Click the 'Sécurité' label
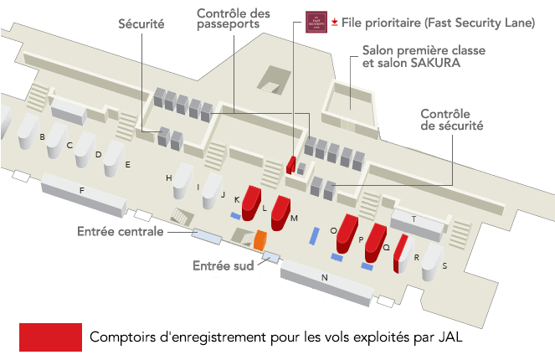[141, 25]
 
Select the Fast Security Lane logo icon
[315, 20]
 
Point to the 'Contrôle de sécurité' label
[451, 120]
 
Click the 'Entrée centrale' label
[120, 231]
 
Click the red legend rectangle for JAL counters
[50, 337]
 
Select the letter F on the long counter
[81, 191]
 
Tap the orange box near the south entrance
[260, 240]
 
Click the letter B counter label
[42, 136]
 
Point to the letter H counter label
[168, 178]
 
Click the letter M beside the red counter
[295, 218]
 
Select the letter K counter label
[237, 199]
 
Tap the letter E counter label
[127, 165]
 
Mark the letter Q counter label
[386, 248]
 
